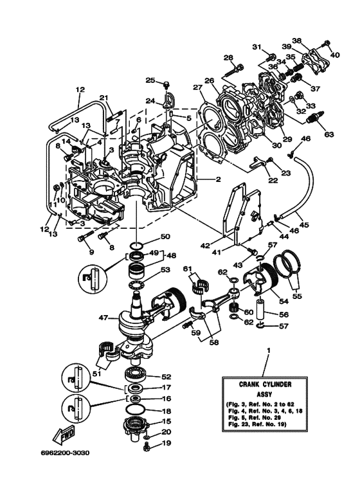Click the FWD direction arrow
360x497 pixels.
click(66, 438)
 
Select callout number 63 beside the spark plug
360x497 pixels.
click(329, 134)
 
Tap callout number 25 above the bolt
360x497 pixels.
click(150, 80)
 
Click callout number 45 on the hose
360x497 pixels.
click(303, 225)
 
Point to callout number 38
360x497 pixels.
click(296, 39)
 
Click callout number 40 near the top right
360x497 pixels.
click(334, 55)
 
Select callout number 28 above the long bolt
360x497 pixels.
click(228, 58)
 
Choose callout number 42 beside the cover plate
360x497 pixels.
click(224, 245)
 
